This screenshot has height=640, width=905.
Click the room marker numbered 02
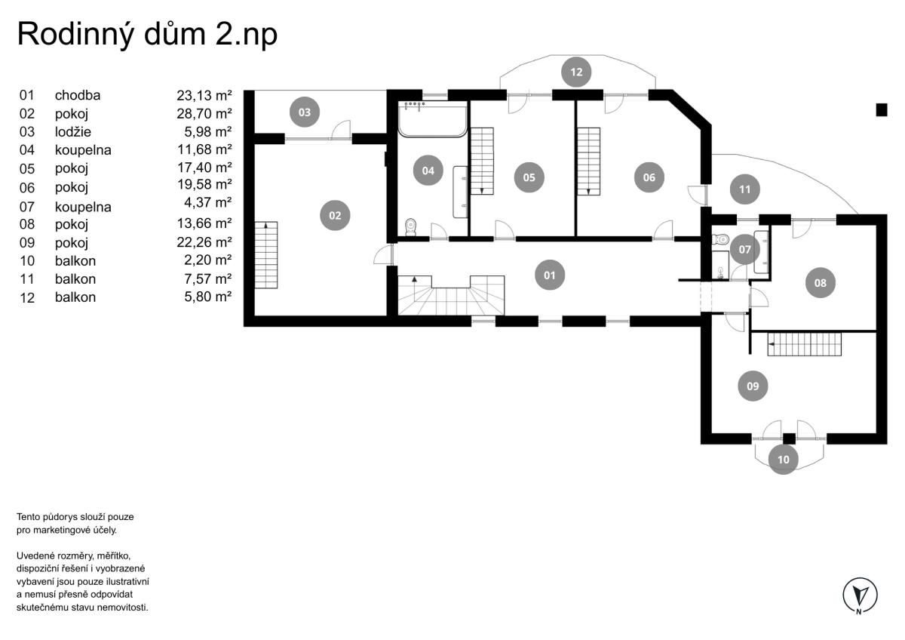click(x=335, y=216)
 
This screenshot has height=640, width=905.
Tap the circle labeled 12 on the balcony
click(x=576, y=72)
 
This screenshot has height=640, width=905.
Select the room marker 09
click(x=753, y=386)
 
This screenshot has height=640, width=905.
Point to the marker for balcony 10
click(x=784, y=460)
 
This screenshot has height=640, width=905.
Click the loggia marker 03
click(x=305, y=112)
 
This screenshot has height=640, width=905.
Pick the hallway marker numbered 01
click(x=550, y=275)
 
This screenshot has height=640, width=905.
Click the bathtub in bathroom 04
click(x=433, y=119)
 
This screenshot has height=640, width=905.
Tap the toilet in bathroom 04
click(x=411, y=227)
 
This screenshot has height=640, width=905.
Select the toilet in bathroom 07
click(x=720, y=239)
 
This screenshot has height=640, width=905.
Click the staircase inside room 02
click(x=265, y=254)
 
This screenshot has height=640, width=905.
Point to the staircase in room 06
click(x=588, y=162)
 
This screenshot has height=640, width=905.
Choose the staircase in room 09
click(x=805, y=344)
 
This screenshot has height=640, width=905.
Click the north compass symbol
click(x=861, y=595)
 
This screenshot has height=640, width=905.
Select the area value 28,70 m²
click(x=204, y=114)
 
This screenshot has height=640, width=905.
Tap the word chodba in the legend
click(x=78, y=95)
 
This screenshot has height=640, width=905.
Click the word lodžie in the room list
click(x=73, y=132)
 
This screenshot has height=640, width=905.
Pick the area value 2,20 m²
click(x=207, y=260)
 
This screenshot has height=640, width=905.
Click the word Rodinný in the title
click(x=75, y=35)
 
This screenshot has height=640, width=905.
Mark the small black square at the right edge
click(x=882, y=109)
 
